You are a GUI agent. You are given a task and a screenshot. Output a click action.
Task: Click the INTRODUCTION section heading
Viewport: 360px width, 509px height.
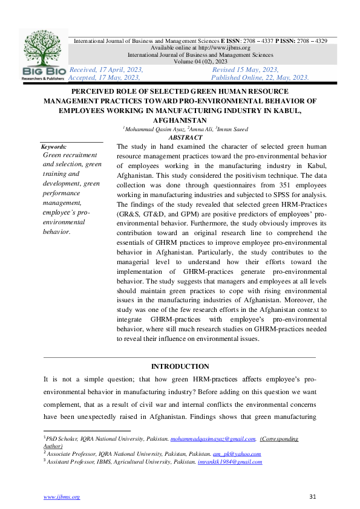point(180,366)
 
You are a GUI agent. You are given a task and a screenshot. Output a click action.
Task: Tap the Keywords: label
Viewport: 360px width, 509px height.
point(54,147)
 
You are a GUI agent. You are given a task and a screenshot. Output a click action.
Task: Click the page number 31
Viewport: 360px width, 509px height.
point(313,497)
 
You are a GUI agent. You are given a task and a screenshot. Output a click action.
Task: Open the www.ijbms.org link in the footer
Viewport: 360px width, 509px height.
point(61,497)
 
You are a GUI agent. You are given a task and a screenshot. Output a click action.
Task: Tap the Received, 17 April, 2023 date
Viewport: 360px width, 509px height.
point(106,70)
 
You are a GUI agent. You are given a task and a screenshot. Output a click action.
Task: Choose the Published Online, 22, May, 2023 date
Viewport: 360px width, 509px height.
point(261,77)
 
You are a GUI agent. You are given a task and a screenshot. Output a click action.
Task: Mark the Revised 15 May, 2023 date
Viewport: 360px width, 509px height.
point(245,70)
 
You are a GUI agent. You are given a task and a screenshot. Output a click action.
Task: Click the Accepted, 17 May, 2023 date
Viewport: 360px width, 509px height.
point(105,77)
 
